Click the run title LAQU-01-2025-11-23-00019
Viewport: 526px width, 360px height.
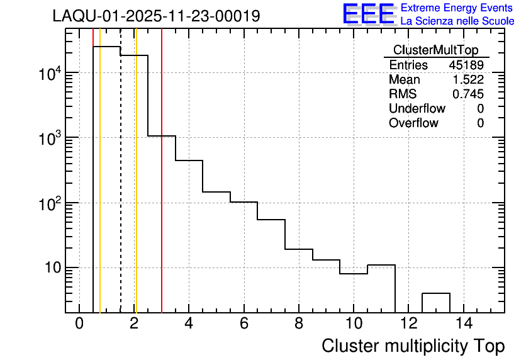click(x=156, y=16)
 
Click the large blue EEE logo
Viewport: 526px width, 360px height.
click(x=369, y=14)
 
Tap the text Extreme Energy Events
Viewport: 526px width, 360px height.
click(x=457, y=8)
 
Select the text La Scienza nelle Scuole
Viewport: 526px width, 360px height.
click(x=457, y=21)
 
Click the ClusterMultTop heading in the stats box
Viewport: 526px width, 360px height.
click(x=435, y=50)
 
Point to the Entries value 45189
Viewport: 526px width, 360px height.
click(x=466, y=65)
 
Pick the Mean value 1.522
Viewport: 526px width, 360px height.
click(x=468, y=80)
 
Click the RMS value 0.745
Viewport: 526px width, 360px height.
click(x=468, y=94)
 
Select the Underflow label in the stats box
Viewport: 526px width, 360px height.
click(x=417, y=109)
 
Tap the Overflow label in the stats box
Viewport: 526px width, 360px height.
click(x=413, y=123)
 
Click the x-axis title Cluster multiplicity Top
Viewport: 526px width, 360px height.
click(x=413, y=346)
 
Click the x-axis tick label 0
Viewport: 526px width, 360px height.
click(x=79, y=324)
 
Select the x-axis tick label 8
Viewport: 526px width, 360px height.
click(x=298, y=324)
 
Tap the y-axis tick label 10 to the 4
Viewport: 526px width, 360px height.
click(x=49, y=74)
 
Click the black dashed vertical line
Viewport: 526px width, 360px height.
click(x=121, y=189)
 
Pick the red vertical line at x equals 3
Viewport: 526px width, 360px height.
click(x=162, y=189)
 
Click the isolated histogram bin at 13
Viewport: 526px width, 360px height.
click(x=435, y=302)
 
